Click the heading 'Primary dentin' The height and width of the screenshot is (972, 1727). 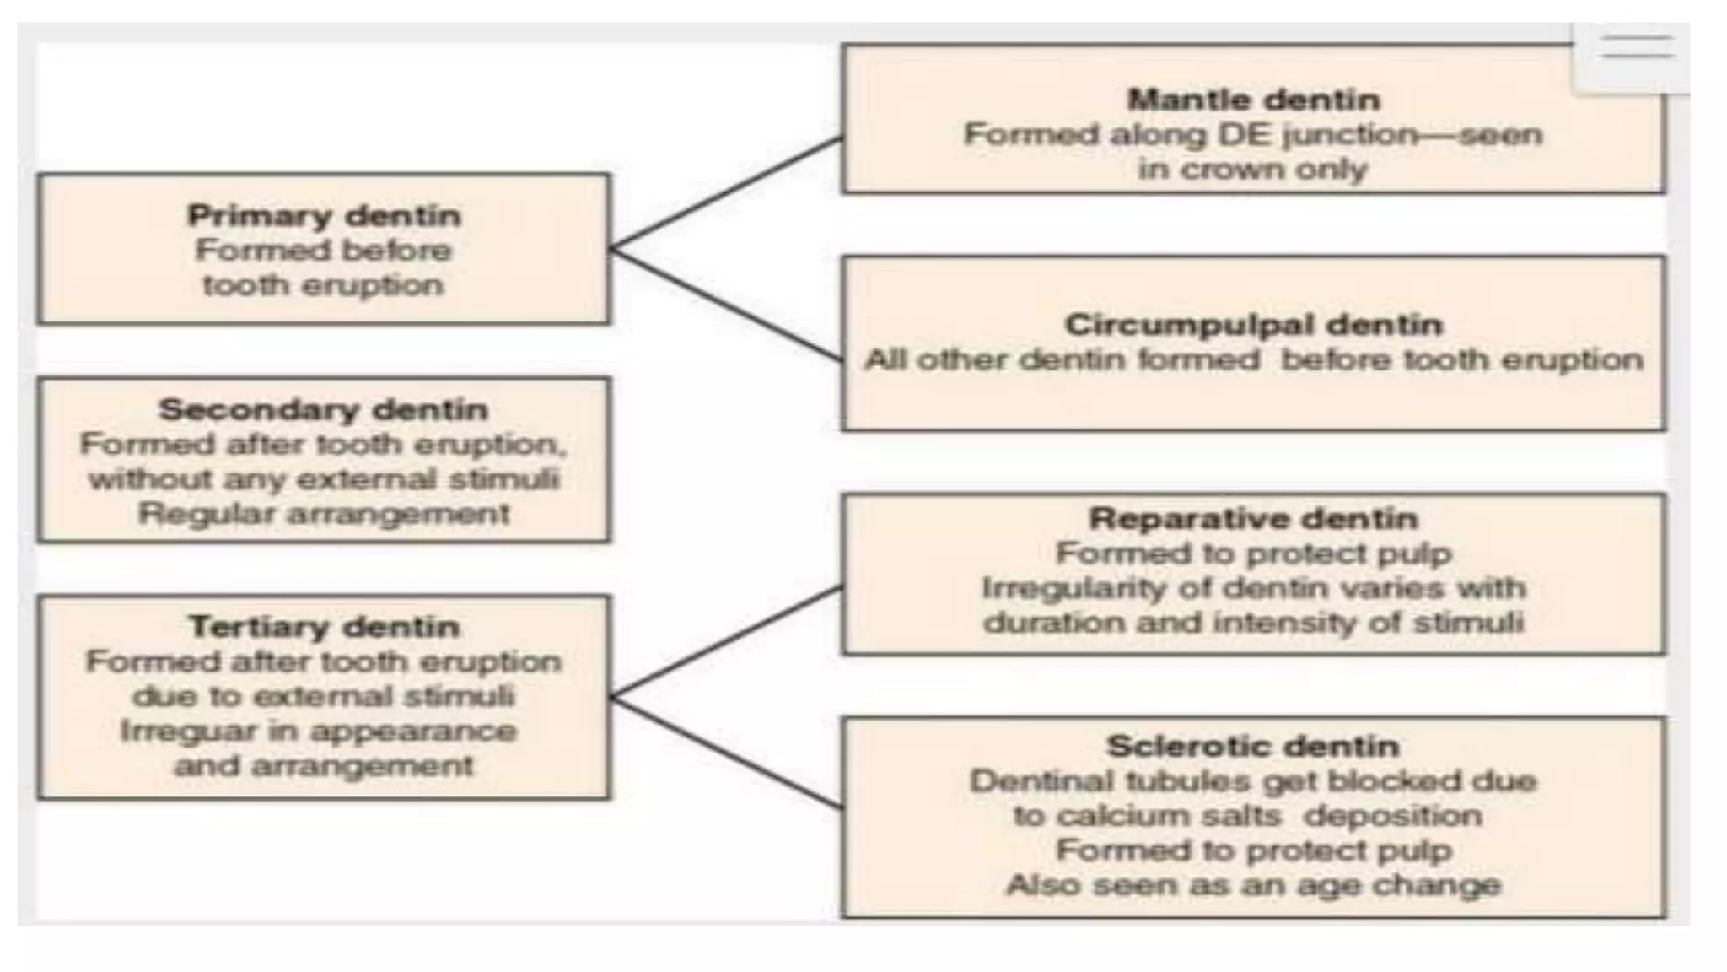tap(324, 216)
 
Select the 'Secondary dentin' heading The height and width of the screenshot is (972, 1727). tap(324, 410)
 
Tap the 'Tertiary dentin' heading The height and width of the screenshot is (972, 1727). tap(324, 627)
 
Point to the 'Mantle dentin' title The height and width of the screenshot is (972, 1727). tap(1254, 100)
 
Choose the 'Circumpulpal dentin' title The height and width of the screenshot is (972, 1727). tap(1254, 325)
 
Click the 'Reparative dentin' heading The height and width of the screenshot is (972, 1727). tap(1254, 518)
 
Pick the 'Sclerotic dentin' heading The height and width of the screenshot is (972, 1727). tap(1254, 746)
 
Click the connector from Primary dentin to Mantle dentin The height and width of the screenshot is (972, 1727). tap(725, 193)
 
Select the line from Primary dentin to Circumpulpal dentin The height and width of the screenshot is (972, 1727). tap(725, 305)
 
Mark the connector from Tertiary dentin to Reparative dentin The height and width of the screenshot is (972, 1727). tap(725, 642)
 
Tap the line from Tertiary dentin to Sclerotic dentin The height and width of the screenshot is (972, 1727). tap(725, 753)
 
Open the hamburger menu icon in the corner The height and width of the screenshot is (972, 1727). tap(1637, 47)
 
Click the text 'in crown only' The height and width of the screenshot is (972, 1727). tap(1252, 170)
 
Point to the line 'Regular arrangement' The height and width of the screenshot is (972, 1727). tap(324, 514)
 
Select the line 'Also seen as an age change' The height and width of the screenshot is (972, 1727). tap(1254, 885)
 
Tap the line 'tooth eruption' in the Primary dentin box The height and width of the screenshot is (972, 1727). tap(324, 285)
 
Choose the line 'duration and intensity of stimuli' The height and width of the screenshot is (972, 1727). tap(1254, 623)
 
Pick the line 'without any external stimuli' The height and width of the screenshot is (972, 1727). tap(324, 479)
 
